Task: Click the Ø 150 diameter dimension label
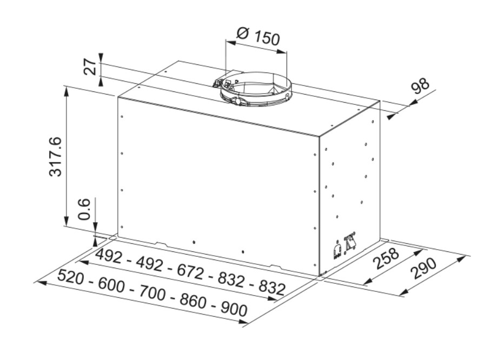258,36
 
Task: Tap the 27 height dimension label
90,66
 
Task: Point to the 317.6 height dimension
56,157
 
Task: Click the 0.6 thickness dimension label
84,209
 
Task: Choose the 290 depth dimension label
424,268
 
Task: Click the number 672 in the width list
190,271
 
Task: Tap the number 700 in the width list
152,292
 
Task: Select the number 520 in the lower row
71,277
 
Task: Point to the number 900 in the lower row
234,309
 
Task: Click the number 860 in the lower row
193,301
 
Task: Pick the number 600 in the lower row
111,284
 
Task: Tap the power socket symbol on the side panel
337,251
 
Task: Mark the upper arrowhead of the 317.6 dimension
66,91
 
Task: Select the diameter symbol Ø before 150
243,33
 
